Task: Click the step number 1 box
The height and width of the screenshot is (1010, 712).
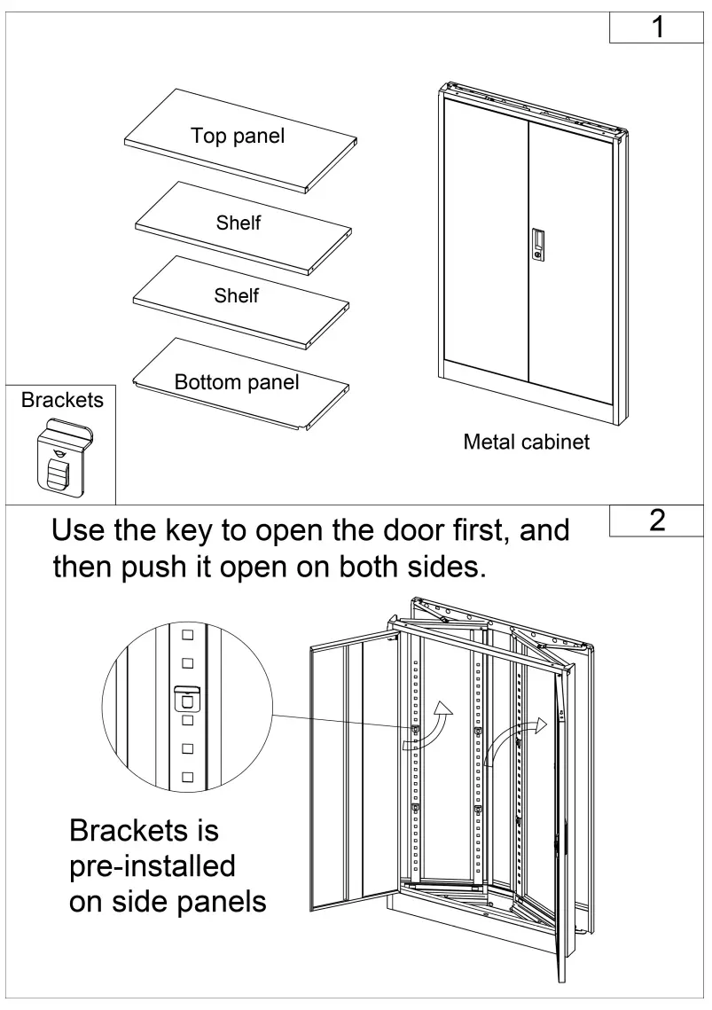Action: (657, 27)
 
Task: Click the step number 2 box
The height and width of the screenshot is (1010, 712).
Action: (657, 521)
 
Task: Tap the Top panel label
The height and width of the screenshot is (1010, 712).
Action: (238, 136)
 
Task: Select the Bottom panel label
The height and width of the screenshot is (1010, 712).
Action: (237, 382)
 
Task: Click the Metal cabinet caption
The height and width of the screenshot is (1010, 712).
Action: (526, 442)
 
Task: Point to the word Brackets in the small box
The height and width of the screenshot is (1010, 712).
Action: (62, 400)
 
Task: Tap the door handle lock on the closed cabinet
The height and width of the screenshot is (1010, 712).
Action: (538, 244)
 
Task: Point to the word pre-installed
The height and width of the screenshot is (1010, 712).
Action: (153, 865)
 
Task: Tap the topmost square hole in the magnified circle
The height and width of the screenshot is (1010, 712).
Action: (187, 635)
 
